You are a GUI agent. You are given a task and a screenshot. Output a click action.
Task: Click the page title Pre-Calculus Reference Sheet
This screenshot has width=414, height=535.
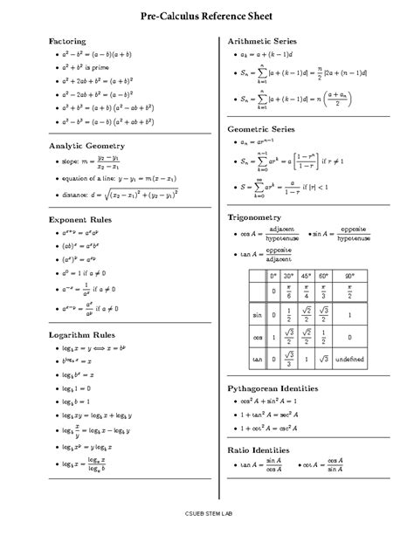[206, 17]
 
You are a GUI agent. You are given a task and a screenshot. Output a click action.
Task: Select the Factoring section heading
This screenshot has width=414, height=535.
[67, 41]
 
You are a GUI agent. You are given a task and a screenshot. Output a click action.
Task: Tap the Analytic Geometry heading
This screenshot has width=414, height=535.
[86, 145]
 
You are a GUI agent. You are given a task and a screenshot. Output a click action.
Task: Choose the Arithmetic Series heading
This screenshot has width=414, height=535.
[262, 41]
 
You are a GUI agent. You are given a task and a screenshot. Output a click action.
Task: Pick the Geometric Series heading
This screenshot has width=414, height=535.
[260, 128]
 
